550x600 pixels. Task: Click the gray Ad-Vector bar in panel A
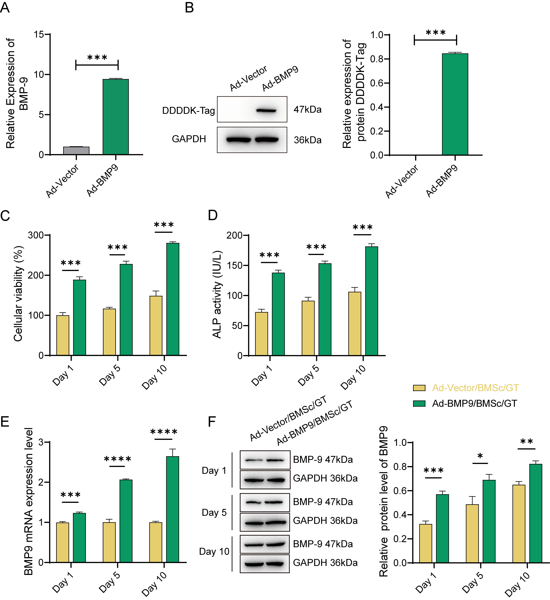tap(76, 151)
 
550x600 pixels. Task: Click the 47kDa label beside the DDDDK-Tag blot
tap(307, 110)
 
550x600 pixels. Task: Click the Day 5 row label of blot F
tap(214, 512)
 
